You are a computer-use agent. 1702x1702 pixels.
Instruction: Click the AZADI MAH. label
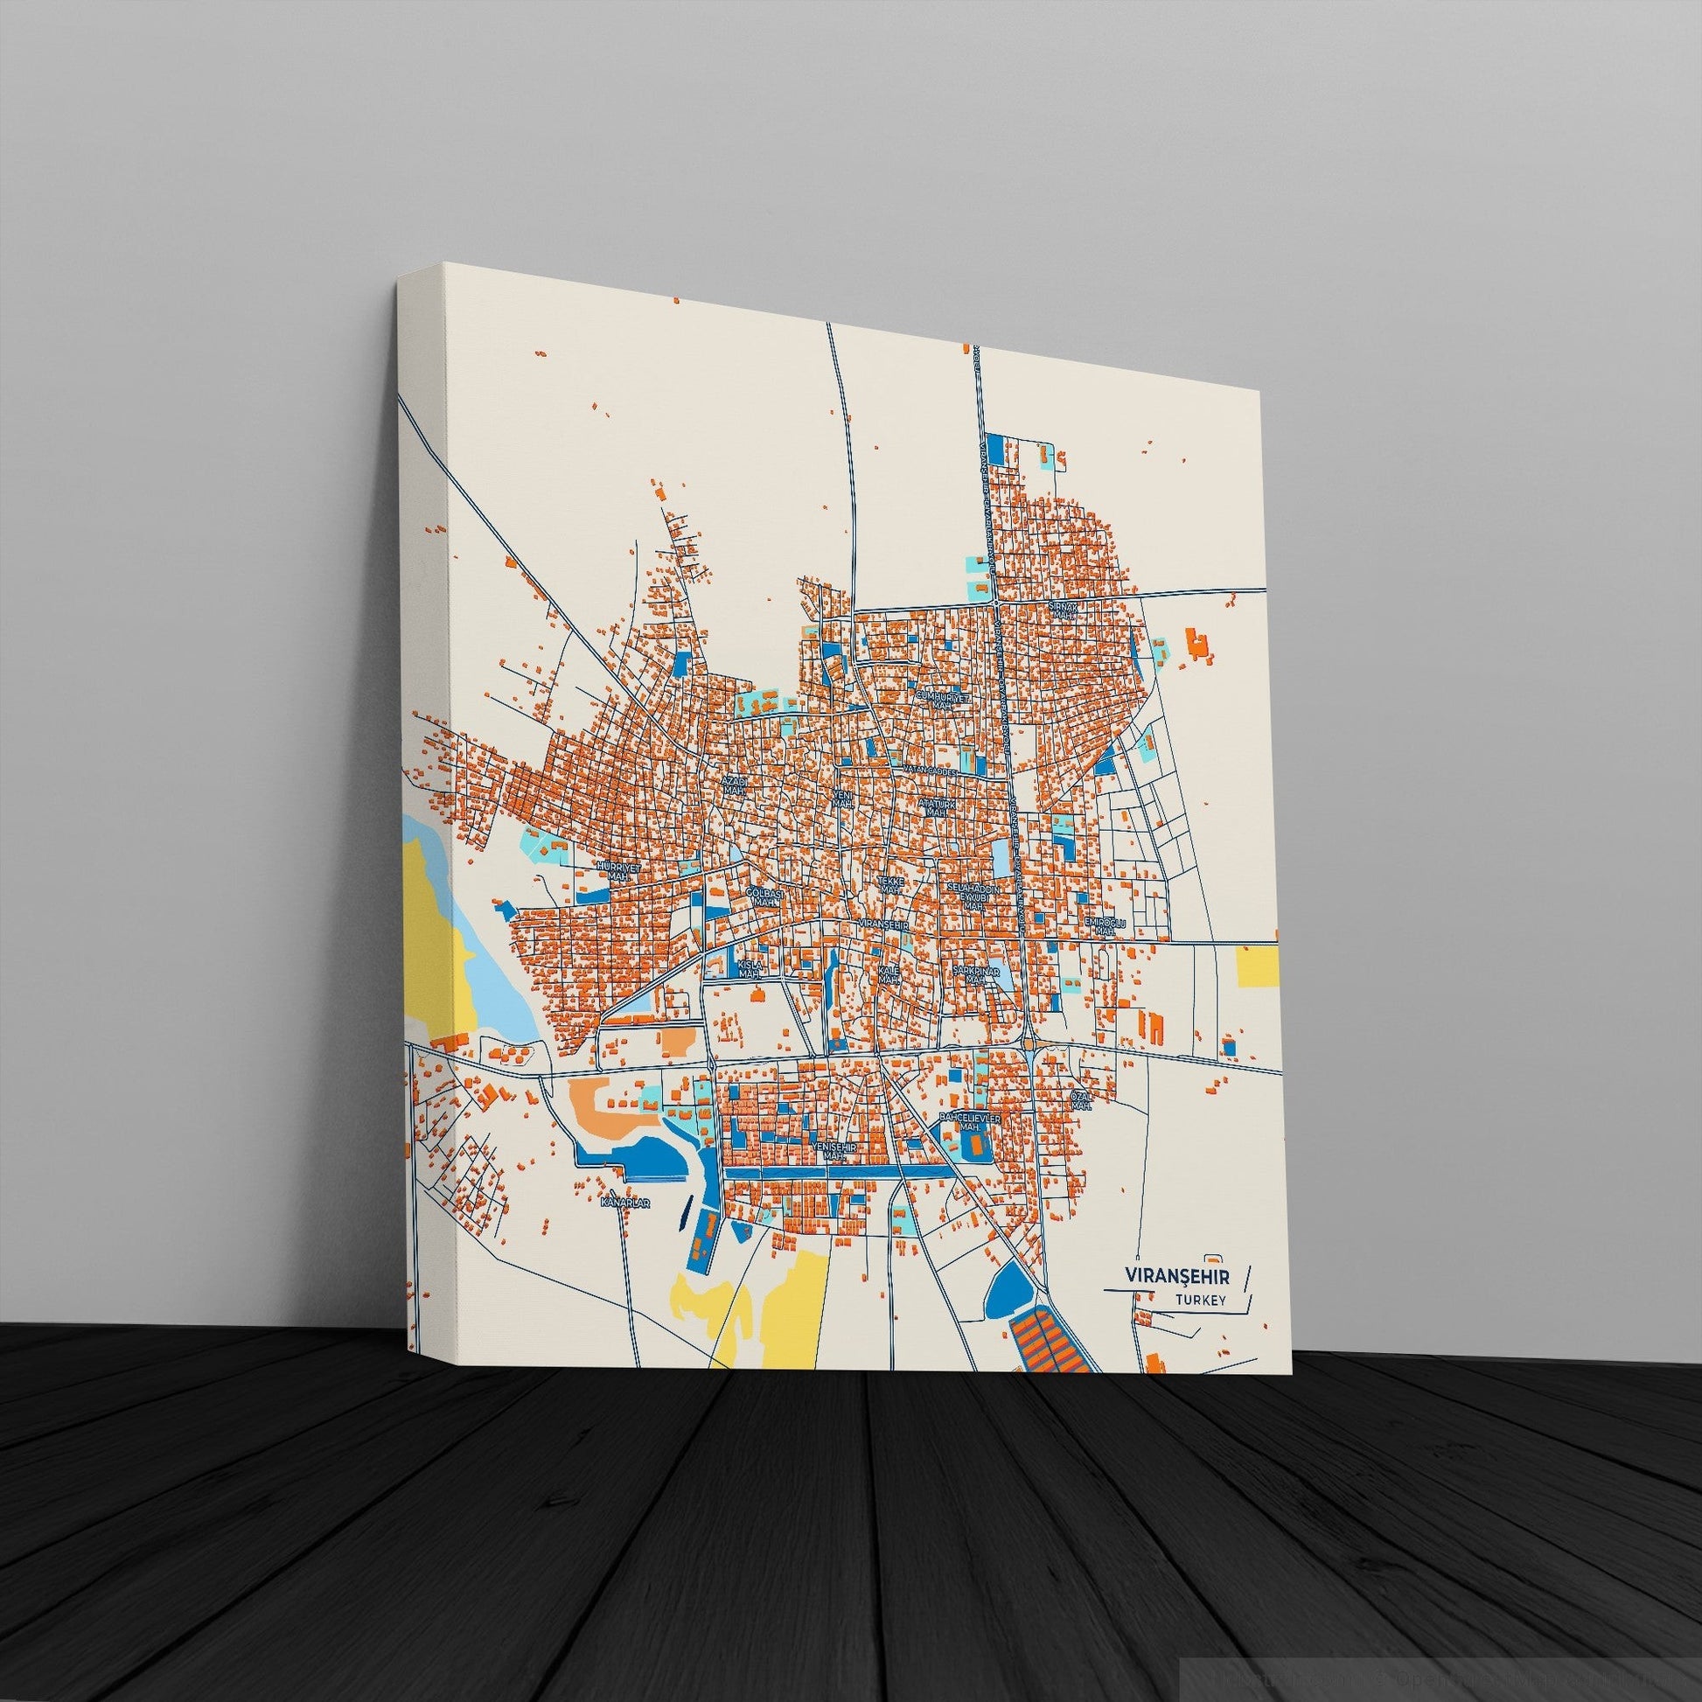point(733,785)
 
